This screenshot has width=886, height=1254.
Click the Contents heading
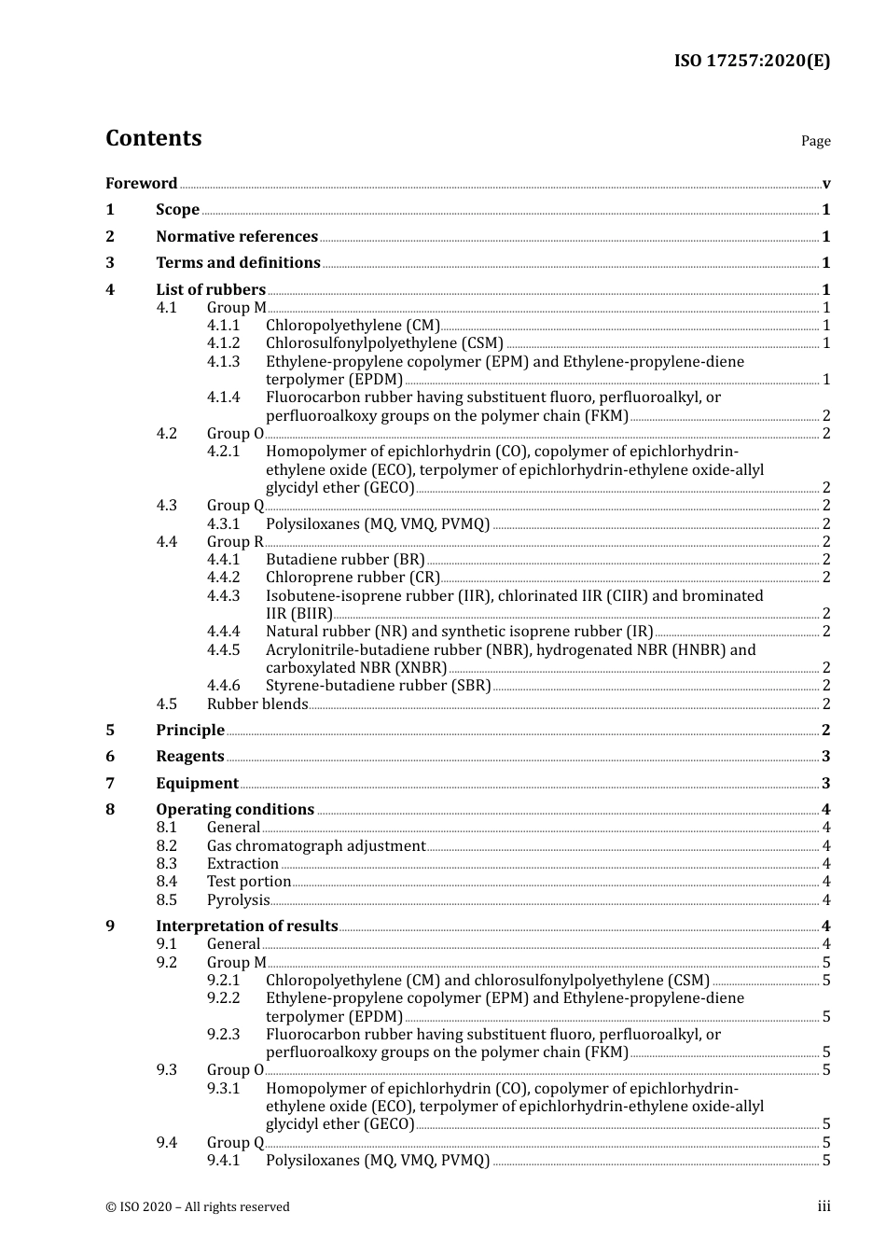point(153,138)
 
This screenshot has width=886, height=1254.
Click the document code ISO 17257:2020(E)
point(752,62)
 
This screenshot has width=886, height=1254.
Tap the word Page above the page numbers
point(815,141)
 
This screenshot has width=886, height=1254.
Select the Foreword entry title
point(141,184)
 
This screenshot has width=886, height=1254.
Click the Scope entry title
point(177,210)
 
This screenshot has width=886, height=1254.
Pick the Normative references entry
point(237,237)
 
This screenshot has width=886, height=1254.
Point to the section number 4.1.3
point(223,361)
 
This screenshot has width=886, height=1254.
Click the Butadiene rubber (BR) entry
point(345,560)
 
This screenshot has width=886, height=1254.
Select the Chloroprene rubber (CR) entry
point(353,578)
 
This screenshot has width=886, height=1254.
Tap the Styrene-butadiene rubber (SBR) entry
point(378,686)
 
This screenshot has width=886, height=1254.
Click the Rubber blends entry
point(257,704)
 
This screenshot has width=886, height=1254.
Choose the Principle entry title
point(190,731)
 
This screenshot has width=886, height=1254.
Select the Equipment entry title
point(197,784)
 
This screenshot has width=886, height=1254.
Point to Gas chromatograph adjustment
point(316,846)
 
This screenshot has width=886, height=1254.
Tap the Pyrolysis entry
point(238,900)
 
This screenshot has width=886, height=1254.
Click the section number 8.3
point(166,864)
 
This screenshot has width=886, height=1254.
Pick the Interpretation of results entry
point(246,927)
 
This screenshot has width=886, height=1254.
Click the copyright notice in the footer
point(198,1207)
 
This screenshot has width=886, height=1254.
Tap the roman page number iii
point(824,1206)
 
